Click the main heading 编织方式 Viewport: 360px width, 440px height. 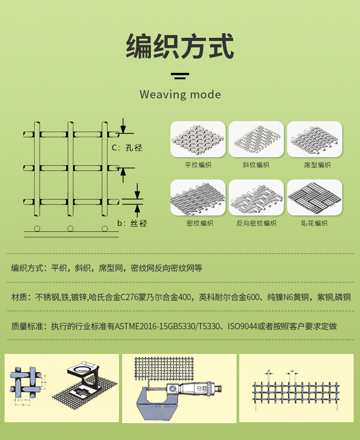tap(180, 46)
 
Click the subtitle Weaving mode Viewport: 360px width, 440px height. tap(180, 95)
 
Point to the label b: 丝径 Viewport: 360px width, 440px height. tap(132, 223)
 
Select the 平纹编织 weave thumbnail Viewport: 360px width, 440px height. tap(198, 140)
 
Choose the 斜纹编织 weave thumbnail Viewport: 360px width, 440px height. tap(256, 140)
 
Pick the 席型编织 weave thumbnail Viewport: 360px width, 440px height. tap(314, 140)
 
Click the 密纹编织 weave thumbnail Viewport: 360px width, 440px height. tap(198, 198)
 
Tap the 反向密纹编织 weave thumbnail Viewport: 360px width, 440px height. tap(256, 198)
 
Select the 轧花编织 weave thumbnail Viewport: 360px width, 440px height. tap(314, 198)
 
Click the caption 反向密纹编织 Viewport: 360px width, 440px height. tap(256, 223)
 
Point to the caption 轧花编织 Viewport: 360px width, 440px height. tap(314, 223)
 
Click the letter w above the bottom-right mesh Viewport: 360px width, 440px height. tap(292, 371)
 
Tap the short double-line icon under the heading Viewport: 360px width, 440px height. tap(180, 76)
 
